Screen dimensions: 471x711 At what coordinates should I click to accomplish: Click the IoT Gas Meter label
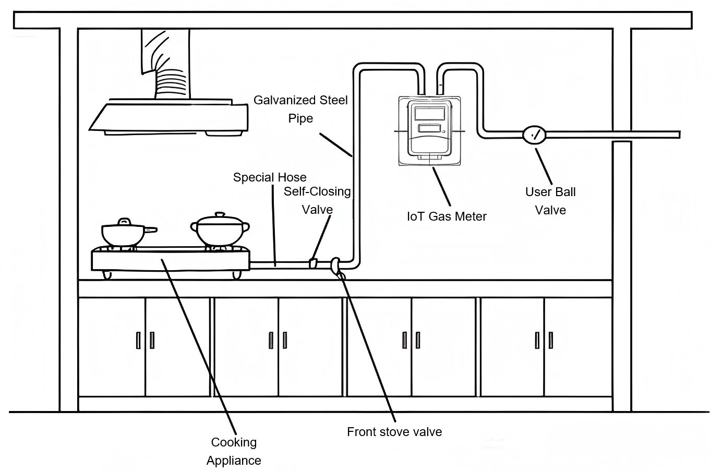447,216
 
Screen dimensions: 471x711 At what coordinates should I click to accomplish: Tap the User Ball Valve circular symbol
534,135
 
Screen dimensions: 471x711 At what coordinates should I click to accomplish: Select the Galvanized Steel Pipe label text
300,109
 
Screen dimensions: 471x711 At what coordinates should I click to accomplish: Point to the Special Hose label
270,177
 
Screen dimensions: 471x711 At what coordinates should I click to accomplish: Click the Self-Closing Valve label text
317,200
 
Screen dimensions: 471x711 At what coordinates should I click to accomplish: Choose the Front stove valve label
394,432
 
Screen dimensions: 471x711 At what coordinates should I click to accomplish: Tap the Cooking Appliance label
234,451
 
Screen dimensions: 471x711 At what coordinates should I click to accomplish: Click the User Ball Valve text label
550,201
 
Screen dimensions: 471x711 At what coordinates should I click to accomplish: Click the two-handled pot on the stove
220,231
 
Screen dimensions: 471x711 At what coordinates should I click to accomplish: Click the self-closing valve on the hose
313,263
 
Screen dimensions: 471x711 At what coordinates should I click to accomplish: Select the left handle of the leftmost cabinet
138,340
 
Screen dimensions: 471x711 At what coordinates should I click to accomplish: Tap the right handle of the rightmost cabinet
551,340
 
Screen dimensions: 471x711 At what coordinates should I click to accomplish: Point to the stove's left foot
107,274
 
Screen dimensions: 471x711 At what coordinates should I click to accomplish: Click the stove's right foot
235,274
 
